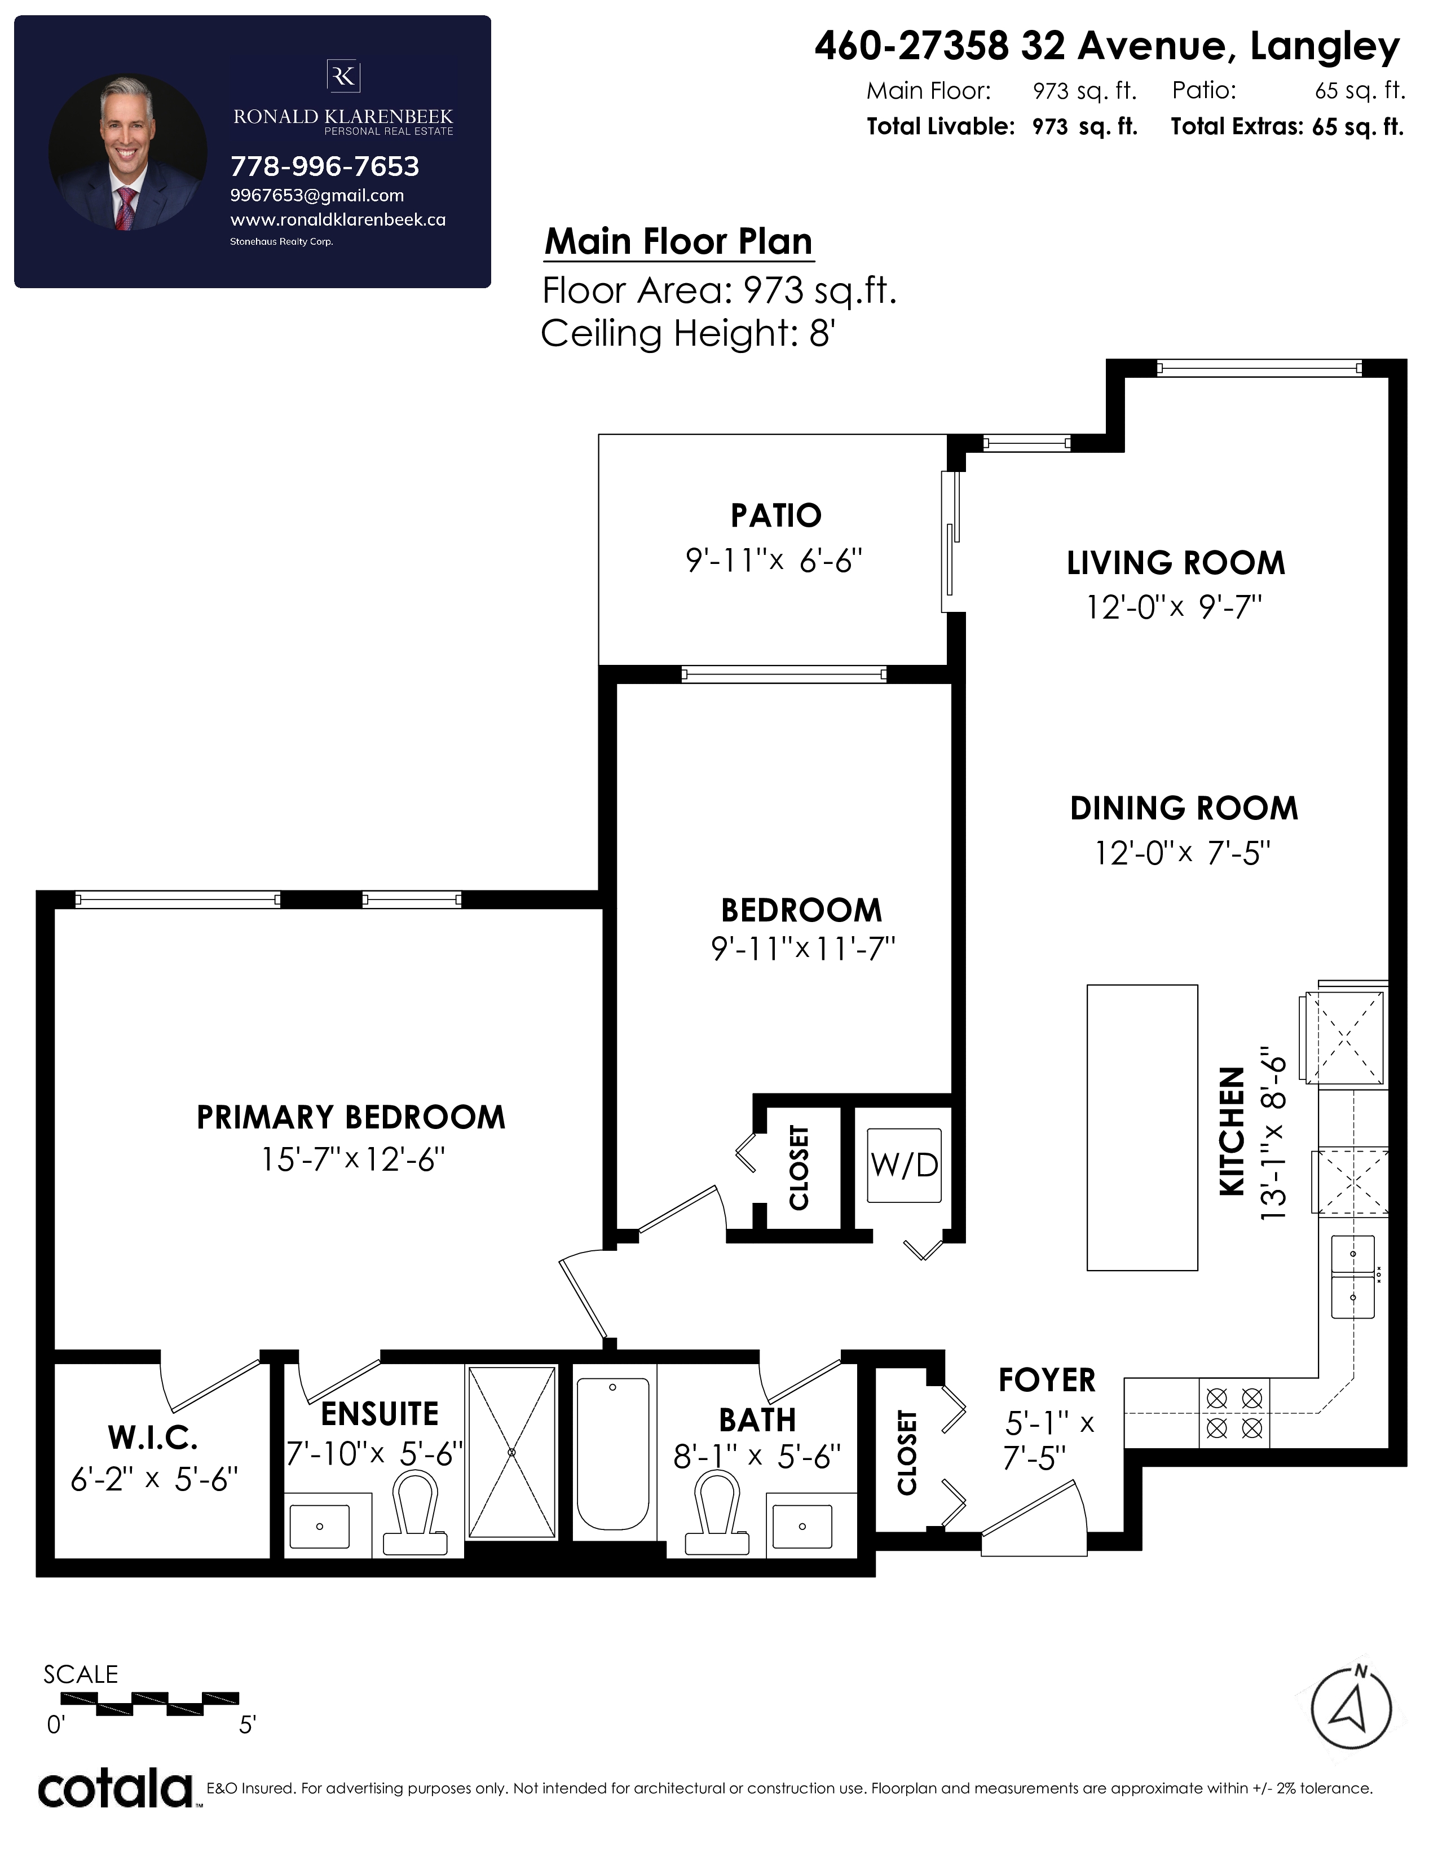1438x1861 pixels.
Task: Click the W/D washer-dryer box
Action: point(904,1165)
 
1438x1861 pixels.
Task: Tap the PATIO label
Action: point(776,515)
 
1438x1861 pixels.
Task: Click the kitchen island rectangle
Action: point(1143,1127)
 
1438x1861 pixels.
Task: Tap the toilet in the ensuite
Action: point(416,1514)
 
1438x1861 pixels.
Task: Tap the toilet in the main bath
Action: point(717,1514)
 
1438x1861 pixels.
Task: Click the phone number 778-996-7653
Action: point(325,166)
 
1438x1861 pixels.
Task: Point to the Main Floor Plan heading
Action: point(679,241)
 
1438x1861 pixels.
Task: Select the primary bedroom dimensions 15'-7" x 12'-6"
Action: point(352,1159)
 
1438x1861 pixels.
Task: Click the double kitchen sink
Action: point(1353,1276)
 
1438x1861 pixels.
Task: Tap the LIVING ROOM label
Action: point(1176,563)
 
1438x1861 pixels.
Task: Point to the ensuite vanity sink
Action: point(319,1525)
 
